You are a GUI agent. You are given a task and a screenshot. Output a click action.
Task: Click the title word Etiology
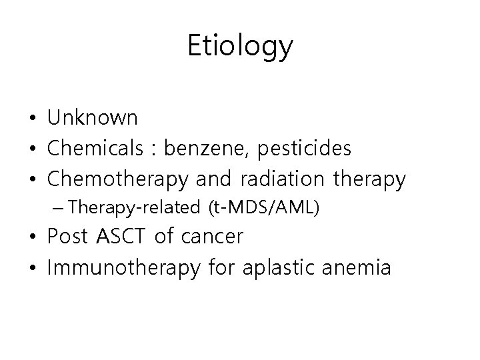(239, 47)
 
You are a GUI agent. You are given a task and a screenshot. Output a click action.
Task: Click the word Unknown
(93, 119)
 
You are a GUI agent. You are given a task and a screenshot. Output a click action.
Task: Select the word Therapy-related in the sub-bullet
(137, 207)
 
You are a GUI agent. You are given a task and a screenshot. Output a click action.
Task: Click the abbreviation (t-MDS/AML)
(265, 207)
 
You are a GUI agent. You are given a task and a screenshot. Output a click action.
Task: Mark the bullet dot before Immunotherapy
(32, 269)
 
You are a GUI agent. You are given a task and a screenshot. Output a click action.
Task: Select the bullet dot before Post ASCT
(32, 238)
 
